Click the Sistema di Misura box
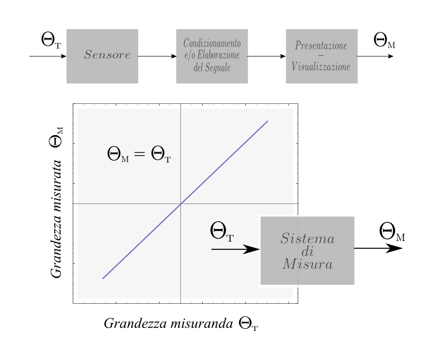[x=307, y=251]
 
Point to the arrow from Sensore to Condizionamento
[x=157, y=56]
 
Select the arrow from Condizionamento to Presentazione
[x=267, y=56]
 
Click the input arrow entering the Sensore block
[x=48, y=56]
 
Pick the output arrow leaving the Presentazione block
[x=375, y=56]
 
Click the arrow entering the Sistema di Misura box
[x=236, y=249]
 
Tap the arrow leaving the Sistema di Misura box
[x=378, y=248]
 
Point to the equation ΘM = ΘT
[x=139, y=155]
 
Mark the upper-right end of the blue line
[x=268, y=121]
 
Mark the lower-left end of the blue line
[x=103, y=278]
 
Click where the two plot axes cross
[x=180, y=204]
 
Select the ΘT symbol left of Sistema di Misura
[x=222, y=231]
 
